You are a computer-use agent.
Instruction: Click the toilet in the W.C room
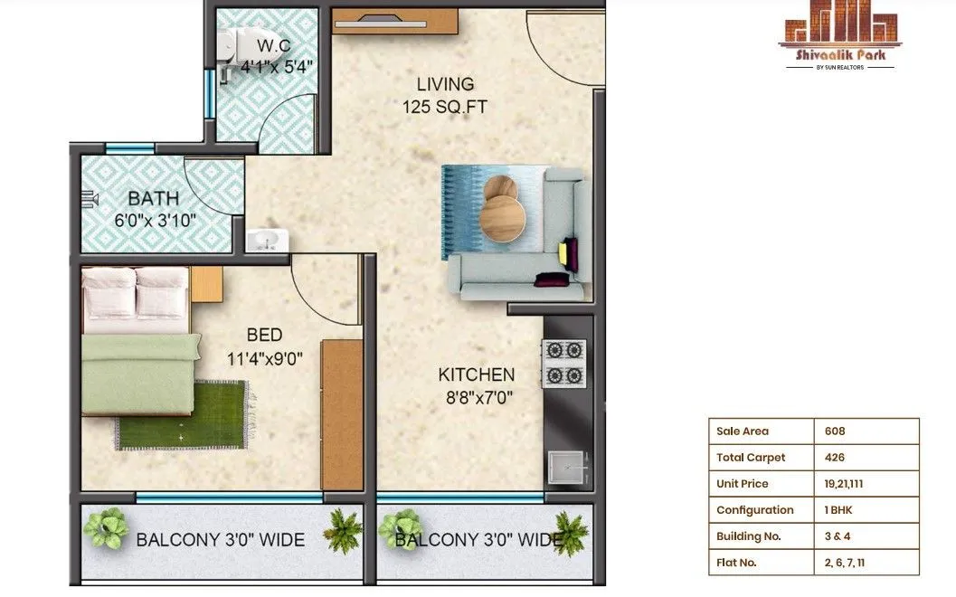239,42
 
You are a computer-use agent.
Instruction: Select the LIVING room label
445,84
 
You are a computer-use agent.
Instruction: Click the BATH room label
153,198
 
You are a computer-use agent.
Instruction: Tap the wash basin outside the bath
266,240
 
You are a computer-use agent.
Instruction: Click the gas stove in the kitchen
563,363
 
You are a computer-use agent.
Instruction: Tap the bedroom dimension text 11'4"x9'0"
264,358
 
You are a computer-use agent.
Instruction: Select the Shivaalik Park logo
841,40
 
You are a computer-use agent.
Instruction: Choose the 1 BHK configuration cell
838,510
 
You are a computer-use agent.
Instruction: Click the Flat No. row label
736,563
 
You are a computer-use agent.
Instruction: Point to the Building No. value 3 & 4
838,536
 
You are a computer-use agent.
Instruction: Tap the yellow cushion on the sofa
569,253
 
